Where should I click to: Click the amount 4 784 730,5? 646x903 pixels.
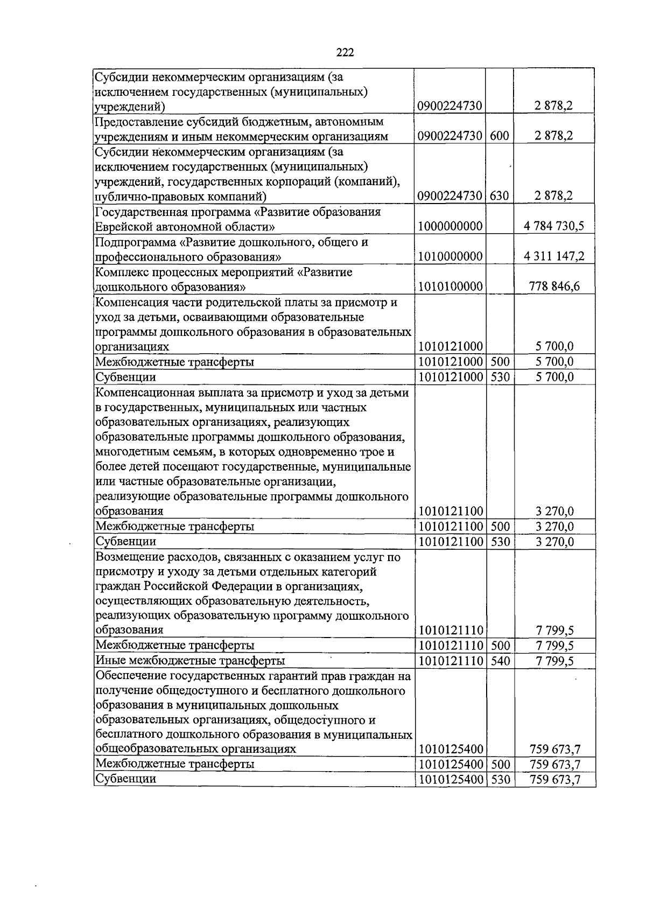point(554,227)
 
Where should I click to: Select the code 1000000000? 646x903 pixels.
point(450,227)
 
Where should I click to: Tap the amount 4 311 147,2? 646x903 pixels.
point(554,257)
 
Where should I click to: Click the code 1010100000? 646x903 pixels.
point(450,286)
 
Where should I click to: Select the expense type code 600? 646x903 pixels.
point(500,136)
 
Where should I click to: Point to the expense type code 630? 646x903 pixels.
point(500,197)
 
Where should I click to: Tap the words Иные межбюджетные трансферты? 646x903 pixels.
point(190,661)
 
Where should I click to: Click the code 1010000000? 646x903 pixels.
point(450,257)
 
